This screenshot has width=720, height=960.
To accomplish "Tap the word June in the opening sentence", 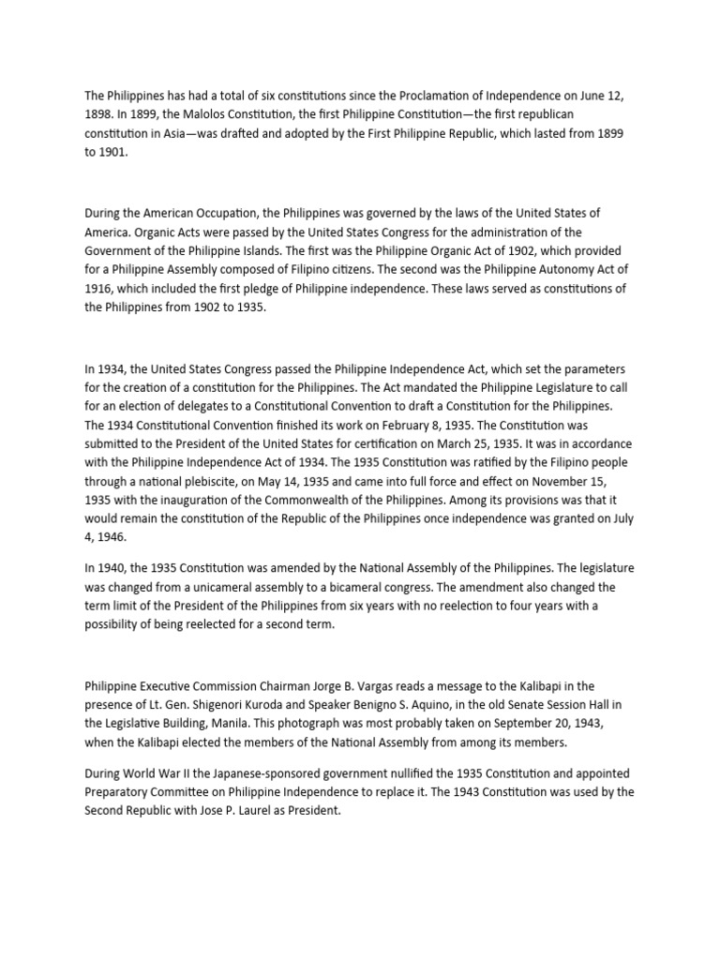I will (584, 96).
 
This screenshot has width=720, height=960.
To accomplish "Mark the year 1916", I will (97, 289).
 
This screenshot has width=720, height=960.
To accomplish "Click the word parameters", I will (578, 369).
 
